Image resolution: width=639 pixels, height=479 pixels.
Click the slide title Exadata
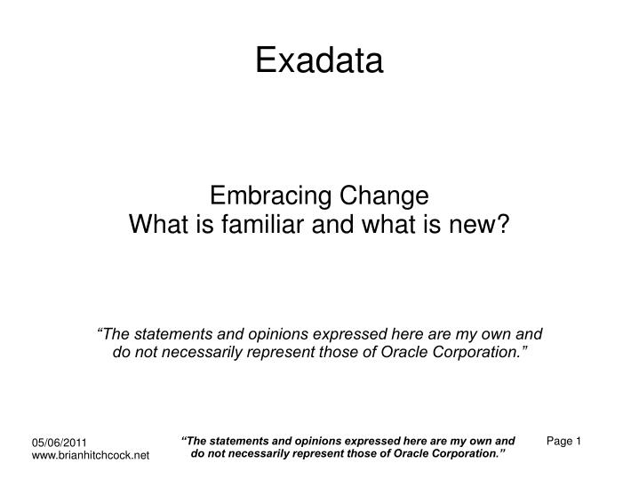pyautogui.click(x=319, y=60)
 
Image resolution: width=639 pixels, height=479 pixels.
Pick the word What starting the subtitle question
pyautogui.click(x=157, y=224)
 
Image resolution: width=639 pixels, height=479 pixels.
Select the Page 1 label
pyautogui.click(x=563, y=441)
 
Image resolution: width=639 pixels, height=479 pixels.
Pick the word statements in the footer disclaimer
pyautogui.click(x=239, y=440)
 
